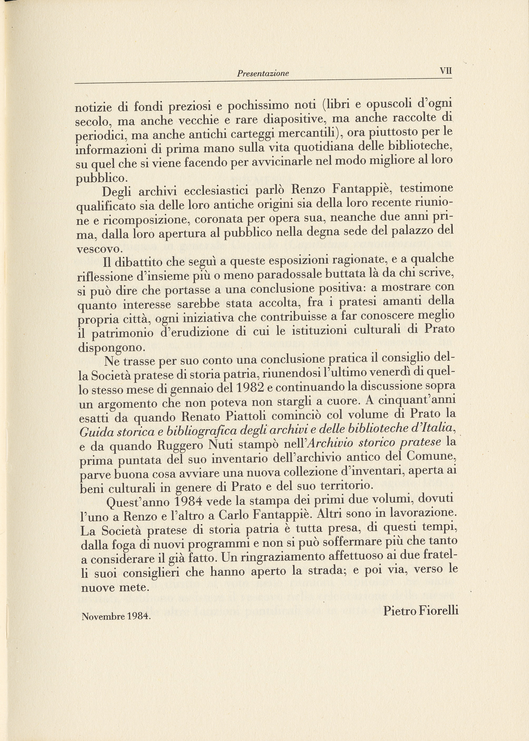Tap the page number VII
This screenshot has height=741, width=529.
coord(446,71)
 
